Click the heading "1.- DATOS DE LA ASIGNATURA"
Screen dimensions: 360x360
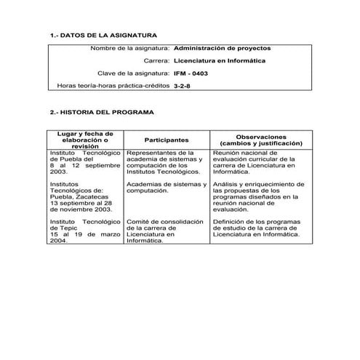[101, 35]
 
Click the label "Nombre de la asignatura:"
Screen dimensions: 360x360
[129, 48]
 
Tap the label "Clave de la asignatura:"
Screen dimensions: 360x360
[134, 73]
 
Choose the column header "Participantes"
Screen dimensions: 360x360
[167, 140]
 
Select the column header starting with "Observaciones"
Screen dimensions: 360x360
[261, 140]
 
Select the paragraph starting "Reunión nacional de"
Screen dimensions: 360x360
[255, 163]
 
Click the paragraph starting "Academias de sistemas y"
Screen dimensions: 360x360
[167, 187]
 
